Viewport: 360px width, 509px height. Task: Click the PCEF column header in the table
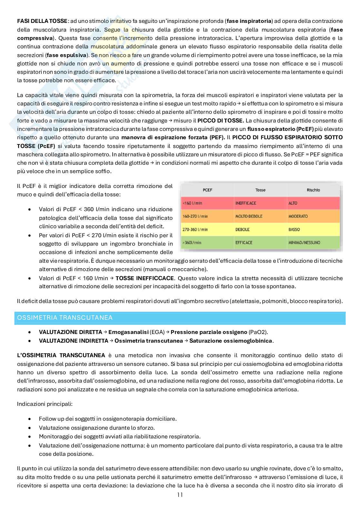(x=207, y=190)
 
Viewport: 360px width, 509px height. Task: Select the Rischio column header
(x=313, y=190)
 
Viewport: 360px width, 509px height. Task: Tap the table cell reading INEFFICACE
(x=245, y=203)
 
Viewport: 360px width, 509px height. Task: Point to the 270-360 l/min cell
(x=195, y=230)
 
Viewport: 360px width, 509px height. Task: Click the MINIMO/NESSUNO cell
(x=304, y=242)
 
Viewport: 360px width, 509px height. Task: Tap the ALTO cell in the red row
(x=293, y=203)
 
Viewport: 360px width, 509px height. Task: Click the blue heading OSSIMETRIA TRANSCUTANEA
(x=65, y=318)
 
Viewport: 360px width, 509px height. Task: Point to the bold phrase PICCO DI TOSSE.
(x=221, y=121)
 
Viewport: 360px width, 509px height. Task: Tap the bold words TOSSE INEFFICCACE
(x=145, y=278)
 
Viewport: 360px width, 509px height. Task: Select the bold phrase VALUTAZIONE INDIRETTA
(x=74, y=341)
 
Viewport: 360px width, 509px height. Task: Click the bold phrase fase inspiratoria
(x=249, y=21)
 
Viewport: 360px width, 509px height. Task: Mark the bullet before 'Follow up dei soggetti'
(x=30, y=419)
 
